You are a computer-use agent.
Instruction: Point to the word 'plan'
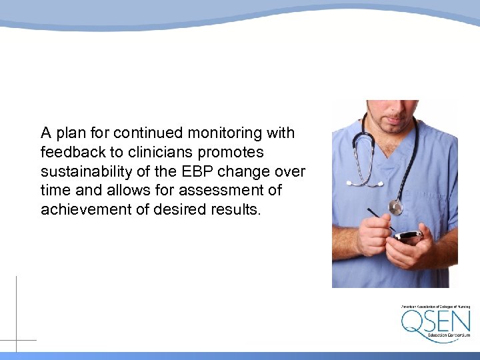coord(72,133)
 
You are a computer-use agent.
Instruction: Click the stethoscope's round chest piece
coord(395,207)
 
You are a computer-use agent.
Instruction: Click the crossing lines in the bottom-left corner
coord(16,340)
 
